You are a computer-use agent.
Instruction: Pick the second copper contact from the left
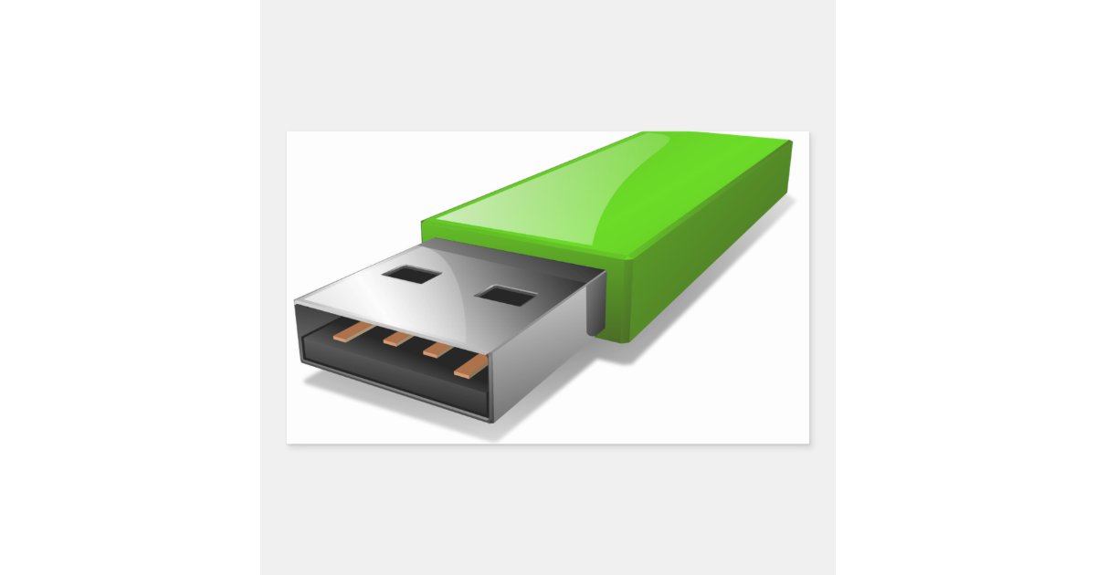[396, 340]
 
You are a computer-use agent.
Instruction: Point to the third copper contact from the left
[437, 350]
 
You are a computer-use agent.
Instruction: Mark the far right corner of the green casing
[790, 142]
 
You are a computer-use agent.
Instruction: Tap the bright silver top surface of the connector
[438, 283]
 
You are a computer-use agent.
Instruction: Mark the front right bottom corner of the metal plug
[494, 421]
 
